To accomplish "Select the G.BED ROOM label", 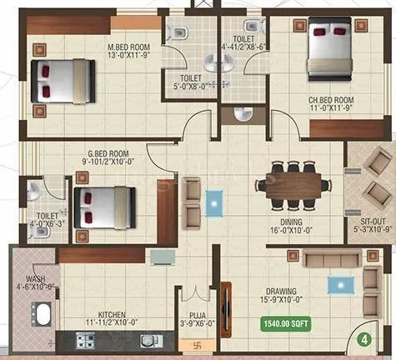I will click(106, 153).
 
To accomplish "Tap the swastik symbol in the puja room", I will click(185, 343).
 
